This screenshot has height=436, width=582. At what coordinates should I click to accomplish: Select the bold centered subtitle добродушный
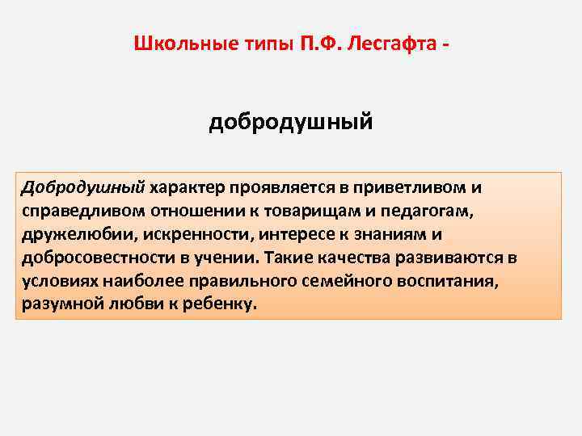click(x=291, y=123)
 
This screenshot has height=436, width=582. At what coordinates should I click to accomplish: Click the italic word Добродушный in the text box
click(x=83, y=187)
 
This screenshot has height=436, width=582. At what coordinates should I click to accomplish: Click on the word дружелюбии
click(x=71, y=234)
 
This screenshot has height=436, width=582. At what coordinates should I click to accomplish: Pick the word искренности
click(x=182, y=234)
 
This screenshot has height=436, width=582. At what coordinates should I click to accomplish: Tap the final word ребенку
click(x=219, y=304)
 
